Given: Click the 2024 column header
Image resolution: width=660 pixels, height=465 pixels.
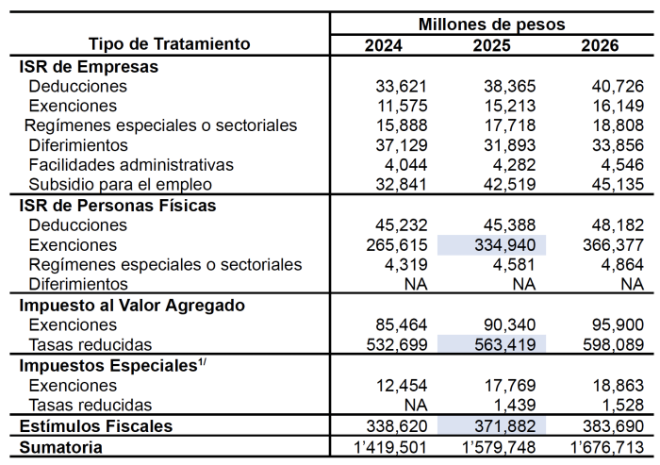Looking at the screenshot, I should pyautogui.click(x=383, y=44).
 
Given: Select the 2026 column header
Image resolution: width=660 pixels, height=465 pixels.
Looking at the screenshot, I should pyautogui.click(x=600, y=44).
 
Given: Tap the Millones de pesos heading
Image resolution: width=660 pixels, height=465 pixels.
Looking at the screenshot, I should pyautogui.click(x=491, y=23).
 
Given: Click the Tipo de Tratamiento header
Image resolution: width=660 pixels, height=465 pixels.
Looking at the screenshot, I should pyautogui.click(x=170, y=43).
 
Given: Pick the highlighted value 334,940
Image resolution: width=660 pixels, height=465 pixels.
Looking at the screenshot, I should pyautogui.click(x=504, y=245).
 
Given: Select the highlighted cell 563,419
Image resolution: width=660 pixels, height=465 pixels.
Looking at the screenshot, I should pyautogui.click(x=504, y=344).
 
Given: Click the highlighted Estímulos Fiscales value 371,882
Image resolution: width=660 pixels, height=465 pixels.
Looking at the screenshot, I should pyautogui.click(x=504, y=426).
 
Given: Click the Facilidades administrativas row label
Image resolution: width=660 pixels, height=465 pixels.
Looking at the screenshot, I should pyautogui.click(x=131, y=165).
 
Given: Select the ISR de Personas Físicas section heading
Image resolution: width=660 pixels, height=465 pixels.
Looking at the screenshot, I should pyautogui.click(x=118, y=205).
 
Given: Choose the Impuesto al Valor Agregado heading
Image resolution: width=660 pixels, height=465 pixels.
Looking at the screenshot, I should pyautogui.click(x=133, y=305).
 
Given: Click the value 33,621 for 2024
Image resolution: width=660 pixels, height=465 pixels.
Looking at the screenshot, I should pyautogui.click(x=402, y=86).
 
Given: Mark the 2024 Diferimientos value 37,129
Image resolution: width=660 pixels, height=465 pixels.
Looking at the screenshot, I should pyautogui.click(x=402, y=145).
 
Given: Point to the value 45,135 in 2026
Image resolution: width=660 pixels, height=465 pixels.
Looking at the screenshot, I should pyautogui.click(x=618, y=184).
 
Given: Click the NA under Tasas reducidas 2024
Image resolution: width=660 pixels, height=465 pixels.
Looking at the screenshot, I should pyautogui.click(x=416, y=404).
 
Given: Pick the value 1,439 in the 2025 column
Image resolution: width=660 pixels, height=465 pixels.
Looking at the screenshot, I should pyautogui.click(x=517, y=404).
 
